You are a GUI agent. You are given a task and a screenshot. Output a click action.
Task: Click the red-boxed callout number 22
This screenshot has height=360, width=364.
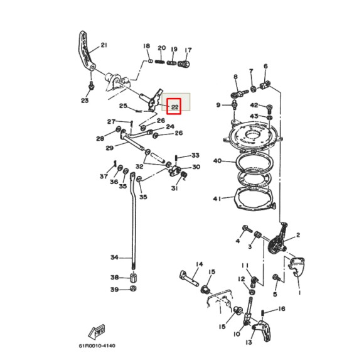click(x=174, y=107)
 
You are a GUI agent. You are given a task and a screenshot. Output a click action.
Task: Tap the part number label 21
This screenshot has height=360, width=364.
click(x=104, y=45)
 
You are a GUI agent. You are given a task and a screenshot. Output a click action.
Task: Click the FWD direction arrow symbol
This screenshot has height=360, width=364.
click(x=99, y=330)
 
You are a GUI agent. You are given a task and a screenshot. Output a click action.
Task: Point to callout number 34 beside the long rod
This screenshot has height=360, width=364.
click(x=114, y=258)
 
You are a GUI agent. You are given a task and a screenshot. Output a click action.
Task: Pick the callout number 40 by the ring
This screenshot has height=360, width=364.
click(x=217, y=161)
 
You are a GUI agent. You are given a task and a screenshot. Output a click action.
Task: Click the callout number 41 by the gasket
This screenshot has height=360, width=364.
click(x=217, y=199)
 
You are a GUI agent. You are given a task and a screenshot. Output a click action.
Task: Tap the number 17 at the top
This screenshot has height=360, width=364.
click(x=188, y=49)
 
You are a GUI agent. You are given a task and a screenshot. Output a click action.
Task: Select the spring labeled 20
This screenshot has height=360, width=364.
click(x=161, y=61)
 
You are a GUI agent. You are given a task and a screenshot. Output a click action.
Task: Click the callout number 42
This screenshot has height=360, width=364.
click(x=254, y=105)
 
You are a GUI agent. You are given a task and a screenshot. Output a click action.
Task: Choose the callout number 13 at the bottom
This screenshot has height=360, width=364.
click(x=249, y=342)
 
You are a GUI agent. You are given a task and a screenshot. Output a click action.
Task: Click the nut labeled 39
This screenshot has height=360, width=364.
click(x=134, y=289)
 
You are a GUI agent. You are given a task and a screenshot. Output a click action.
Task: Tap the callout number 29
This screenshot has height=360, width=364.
click(x=109, y=148)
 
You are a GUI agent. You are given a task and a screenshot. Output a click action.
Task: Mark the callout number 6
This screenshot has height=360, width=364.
click(x=265, y=66)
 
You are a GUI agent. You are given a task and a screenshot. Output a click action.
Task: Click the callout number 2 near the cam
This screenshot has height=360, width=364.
click(x=298, y=236)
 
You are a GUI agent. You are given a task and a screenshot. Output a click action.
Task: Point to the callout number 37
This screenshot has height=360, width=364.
click(x=104, y=177)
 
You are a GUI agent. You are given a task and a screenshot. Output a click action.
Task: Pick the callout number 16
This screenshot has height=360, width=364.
click(x=282, y=309)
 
